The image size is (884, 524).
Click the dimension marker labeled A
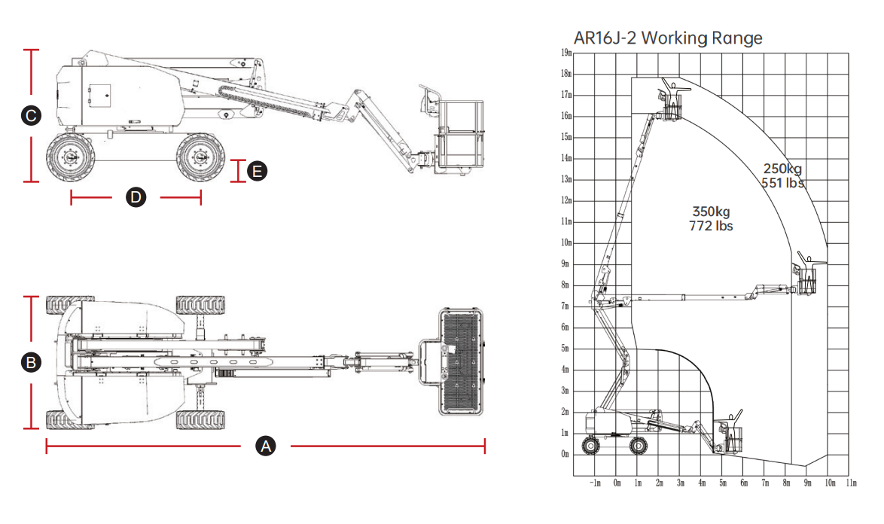265,446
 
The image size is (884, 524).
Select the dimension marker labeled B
31,362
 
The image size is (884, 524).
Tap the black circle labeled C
31,116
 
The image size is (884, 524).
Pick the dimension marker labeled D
136,198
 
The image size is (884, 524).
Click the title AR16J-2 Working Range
668,38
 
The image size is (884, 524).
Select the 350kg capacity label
711,212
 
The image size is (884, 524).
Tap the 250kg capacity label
782,168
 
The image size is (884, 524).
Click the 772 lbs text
711,226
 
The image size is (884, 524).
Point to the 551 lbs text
782,183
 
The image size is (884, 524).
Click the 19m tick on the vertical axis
565,53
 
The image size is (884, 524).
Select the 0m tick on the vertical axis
565,454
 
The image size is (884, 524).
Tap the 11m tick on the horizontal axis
852,483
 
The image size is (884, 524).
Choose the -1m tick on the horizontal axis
595,483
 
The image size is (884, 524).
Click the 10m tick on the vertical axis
565,242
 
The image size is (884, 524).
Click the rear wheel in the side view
68,158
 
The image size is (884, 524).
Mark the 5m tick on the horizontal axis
723,483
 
